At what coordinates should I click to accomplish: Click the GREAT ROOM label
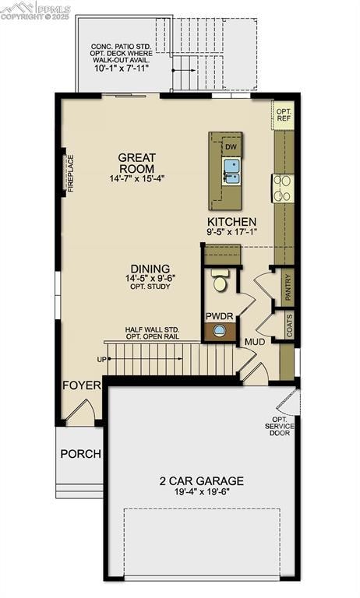136,163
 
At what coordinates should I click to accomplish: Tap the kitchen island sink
231,170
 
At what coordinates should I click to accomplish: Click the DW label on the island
231,147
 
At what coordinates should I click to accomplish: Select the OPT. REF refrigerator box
284,114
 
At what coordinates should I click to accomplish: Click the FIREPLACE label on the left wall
70,174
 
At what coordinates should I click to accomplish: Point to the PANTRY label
288,286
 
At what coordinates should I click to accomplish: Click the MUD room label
255,342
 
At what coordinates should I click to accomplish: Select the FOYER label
82,385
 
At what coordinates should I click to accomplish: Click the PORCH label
80,454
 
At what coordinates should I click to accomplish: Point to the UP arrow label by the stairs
101,360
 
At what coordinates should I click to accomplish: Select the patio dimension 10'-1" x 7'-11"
131,67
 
